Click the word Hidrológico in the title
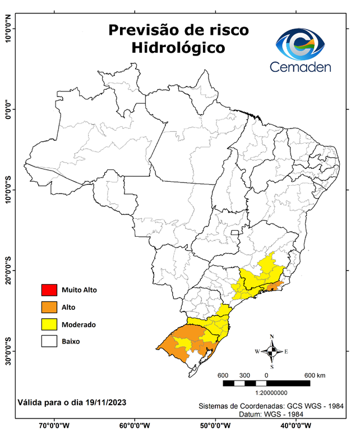(178, 48)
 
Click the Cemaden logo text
(301, 67)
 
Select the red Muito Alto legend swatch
(49, 290)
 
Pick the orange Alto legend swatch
(49, 307)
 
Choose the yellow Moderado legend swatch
(49, 324)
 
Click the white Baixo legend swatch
(49, 341)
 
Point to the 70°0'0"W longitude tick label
(55, 425)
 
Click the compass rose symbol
(272, 352)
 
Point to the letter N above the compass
(272, 337)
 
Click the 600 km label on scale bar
(315, 375)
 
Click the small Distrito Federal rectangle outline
(234, 232)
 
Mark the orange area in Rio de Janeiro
(273, 287)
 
